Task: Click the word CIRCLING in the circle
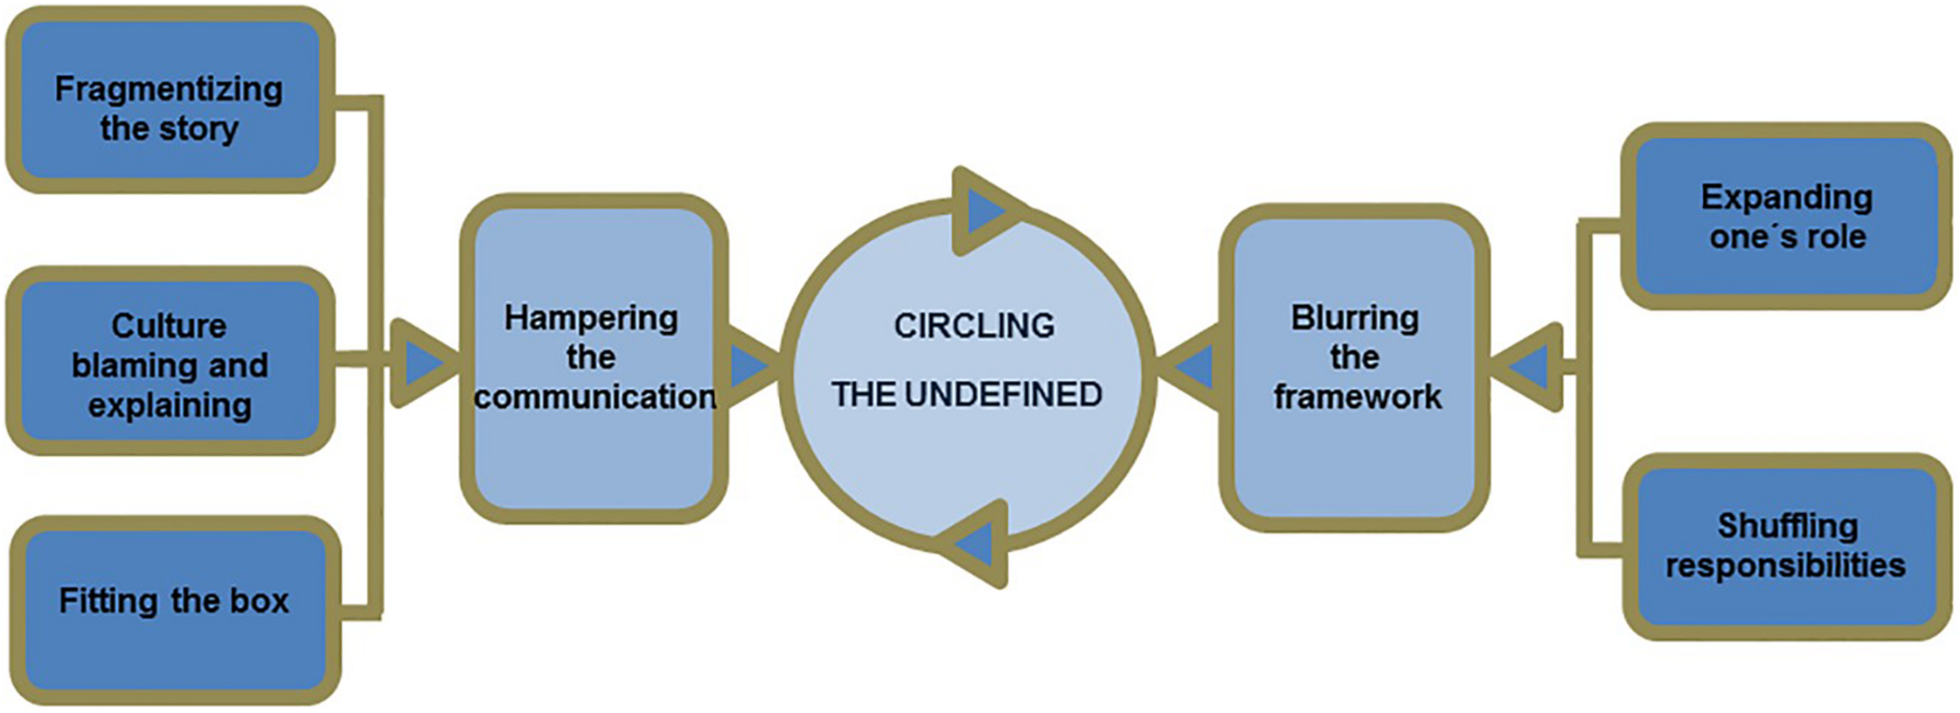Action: click(974, 326)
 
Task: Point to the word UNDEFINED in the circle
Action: click(1003, 395)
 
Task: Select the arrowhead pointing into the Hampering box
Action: click(423, 363)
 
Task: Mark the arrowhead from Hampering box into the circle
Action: click(749, 365)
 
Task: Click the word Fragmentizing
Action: click(169, 89)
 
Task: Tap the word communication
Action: click(595, 397)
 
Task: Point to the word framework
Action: click(1357, 397)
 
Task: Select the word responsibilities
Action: click(1785, 566)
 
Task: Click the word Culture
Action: click(169, 326)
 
